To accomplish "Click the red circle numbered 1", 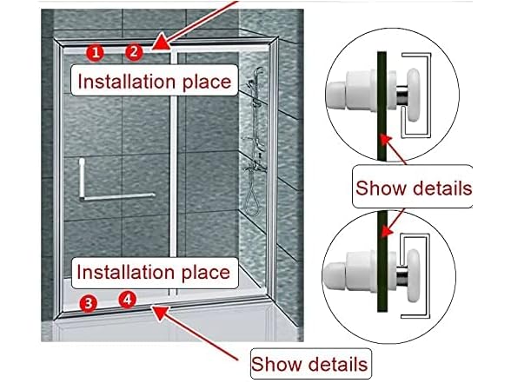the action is point(96,53).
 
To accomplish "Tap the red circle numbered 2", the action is point(134,52).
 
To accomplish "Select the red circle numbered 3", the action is point(89,303).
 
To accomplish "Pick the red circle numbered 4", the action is point(127,299).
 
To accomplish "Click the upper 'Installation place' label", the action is point(155,81).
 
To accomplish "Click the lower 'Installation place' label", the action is point(155,273).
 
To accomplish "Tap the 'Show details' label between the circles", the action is point(413,188).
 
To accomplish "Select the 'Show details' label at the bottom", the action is point(310,363).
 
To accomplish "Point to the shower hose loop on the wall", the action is point(252,201).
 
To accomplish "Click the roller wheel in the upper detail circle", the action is point(414,95).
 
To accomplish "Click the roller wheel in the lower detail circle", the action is point(414,275).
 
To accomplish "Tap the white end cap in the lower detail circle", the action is point(333,276).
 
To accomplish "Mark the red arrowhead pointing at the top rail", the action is point(162,44).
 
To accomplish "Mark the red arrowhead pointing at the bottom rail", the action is point(161,313).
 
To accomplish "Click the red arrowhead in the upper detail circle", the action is point(386,141).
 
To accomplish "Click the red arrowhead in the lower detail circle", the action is point(387,230).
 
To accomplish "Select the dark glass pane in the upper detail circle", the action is point(382,106).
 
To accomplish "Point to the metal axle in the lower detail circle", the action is point(401,276).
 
